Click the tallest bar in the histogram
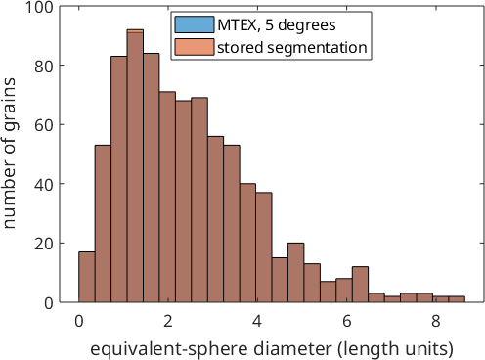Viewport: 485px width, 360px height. coord(135,166)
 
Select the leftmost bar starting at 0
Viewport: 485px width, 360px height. coord(87,277)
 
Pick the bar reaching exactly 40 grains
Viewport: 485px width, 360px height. coord(248,243)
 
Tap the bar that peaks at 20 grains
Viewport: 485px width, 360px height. coord(296,273)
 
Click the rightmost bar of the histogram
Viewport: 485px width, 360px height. coord(457,299)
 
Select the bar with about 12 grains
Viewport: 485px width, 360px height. coord(361,285)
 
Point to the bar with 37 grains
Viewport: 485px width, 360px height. coord(264,247)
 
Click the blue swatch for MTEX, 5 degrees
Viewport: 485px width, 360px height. coord(195,24)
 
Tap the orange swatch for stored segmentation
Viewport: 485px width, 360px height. coord(195,47)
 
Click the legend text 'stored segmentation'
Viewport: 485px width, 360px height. coord(292,48)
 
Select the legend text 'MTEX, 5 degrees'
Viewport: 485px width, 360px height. coord(277,25)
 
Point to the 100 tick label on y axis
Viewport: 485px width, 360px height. coord(39,7)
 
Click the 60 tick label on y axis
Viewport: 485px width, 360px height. coord(44,125)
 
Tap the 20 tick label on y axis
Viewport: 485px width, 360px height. coord(44,244)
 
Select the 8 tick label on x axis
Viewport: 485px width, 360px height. coord(436,322)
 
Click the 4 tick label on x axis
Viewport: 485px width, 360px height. coord(257,322)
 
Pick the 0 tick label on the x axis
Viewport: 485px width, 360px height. coord(79,322)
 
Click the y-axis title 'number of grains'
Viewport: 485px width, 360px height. coord(9,154)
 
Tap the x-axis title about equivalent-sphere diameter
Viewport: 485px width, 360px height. coord(272,349)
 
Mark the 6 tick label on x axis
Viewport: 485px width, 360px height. coord(346,322)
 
